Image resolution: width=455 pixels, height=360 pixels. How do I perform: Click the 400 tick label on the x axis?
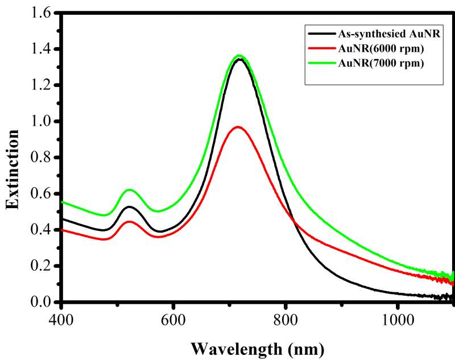coord(61,319)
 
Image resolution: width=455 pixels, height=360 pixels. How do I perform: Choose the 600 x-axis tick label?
coord(173,319)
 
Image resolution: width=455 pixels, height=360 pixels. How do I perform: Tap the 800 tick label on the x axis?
coord(285,319)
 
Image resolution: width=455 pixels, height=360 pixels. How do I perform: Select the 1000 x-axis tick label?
coord(397,319)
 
